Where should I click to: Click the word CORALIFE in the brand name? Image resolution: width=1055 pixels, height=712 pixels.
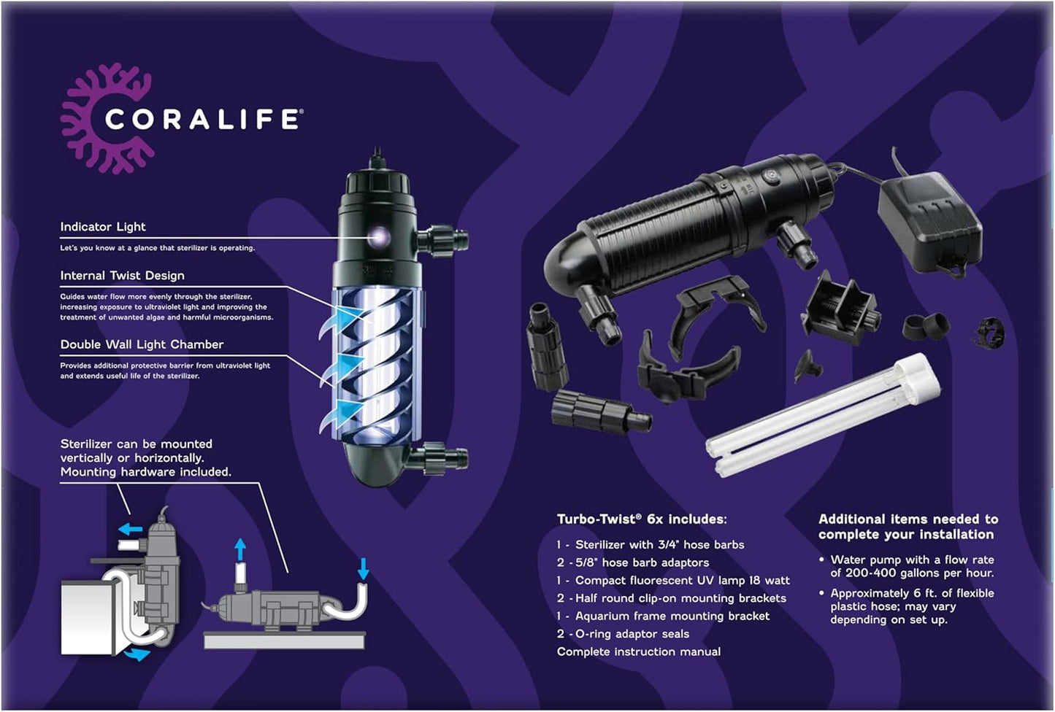[202, 120]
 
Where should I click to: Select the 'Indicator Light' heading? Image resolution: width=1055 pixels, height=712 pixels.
[103, 227]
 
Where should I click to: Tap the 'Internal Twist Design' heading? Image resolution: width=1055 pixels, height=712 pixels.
[122, 276]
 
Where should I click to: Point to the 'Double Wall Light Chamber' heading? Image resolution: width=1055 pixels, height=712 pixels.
[142, 344]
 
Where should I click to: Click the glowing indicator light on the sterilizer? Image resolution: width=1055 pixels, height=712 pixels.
[378, 235]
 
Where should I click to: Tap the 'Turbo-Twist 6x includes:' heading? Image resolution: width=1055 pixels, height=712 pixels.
[642, 519]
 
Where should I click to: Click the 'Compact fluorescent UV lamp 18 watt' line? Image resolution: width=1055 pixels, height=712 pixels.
[673, 581]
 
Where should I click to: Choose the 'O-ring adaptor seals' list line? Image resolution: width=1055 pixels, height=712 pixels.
[623, 634]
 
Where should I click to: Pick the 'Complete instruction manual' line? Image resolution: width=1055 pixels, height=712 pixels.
[638, 651]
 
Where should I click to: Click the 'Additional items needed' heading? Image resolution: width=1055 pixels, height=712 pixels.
[908, 527]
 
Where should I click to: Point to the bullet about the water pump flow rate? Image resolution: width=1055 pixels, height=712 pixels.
[911, 566]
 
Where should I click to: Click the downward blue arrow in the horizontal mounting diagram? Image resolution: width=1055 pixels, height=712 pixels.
[364, 568]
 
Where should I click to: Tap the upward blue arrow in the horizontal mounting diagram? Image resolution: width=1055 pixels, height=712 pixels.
[240, 549]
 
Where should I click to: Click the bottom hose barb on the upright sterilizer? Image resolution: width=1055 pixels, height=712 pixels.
[441, 459]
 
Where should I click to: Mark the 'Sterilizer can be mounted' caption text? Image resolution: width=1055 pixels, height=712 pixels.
[145, 457]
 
